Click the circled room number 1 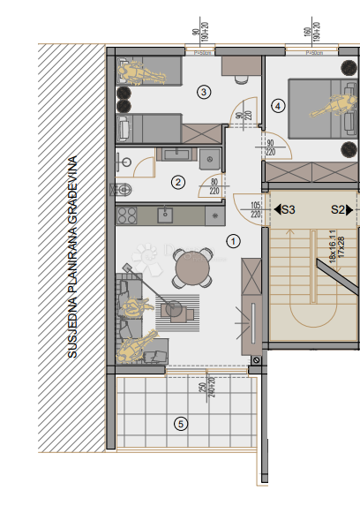click(x=234, y=239)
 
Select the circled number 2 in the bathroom click(x=178, y=183)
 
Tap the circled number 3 click(x=204, y=91)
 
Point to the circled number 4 click(x=279, y=106)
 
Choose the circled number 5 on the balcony click(x=181, y=424)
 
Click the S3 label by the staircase click(x=285, y=210)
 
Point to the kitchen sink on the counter click(x=165, y=214)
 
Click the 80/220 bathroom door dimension click(x=213, y=185)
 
